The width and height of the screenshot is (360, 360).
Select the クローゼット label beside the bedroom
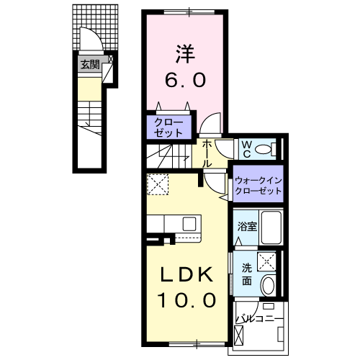tap(171, 127)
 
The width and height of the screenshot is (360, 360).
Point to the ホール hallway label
tap(207, 153)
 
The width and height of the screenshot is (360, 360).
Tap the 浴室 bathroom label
tap(247, 226)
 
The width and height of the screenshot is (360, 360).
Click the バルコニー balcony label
tap(258, 316)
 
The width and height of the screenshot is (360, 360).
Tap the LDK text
tap(184, 274)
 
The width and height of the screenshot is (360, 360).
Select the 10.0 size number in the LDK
tap(184, 300)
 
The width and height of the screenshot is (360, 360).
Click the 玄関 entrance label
tap(90, 65)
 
